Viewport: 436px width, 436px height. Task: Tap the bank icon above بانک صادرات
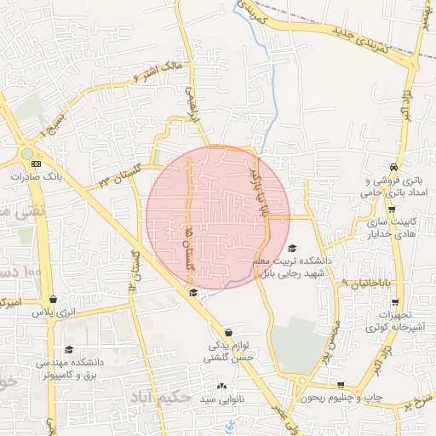[x=35, y=163]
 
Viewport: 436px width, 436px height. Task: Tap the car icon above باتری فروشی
[x=392, y=167]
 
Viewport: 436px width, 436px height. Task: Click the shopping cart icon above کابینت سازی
[x=391, y=209]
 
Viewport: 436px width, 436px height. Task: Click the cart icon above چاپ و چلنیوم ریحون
[x=341, y=385]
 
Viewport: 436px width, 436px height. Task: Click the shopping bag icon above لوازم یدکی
[x=227, y=333]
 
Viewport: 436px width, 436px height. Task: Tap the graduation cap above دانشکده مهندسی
[x=68, y=349]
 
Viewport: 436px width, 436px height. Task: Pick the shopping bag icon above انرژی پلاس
[x=54, y=300]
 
